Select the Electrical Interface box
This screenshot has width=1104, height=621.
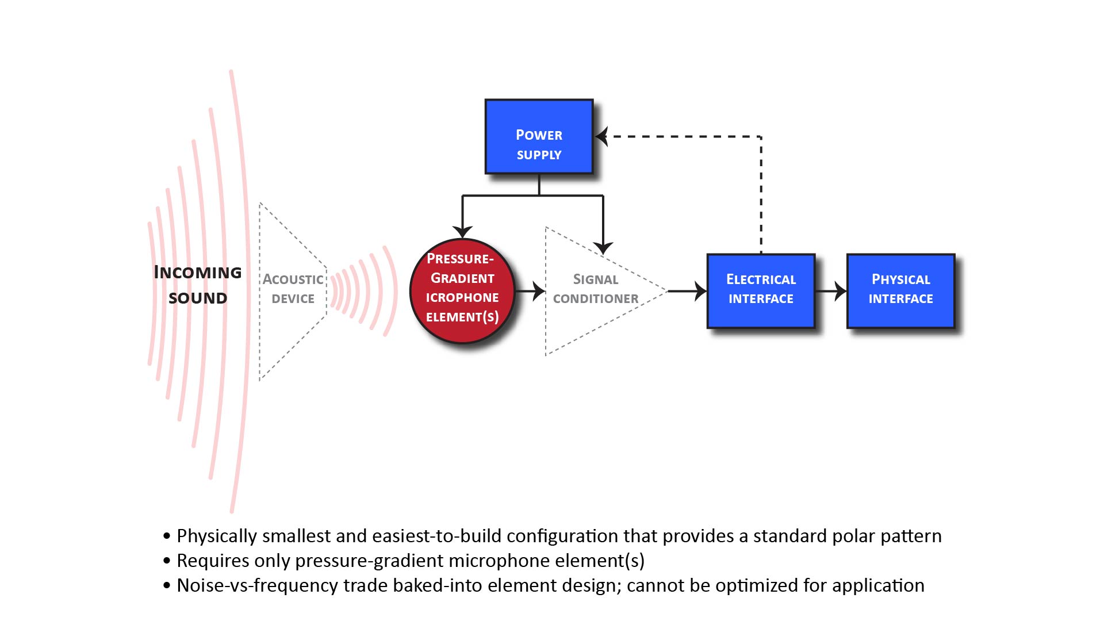[761, 290]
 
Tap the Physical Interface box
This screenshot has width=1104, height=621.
[900, 290]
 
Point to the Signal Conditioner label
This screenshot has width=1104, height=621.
[596, 289]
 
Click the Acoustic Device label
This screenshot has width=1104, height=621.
[293, 289]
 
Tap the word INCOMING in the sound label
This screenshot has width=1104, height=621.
[198, 273]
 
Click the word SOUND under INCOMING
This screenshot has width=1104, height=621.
[198, 298]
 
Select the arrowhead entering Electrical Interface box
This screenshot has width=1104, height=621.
[700, 291]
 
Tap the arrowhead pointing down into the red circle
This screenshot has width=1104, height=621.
[462, 231]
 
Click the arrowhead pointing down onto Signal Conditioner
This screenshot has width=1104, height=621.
[603, 248]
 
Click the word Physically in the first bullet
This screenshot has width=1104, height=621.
[217, 536]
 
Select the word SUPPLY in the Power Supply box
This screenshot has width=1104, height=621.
[539, 155]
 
